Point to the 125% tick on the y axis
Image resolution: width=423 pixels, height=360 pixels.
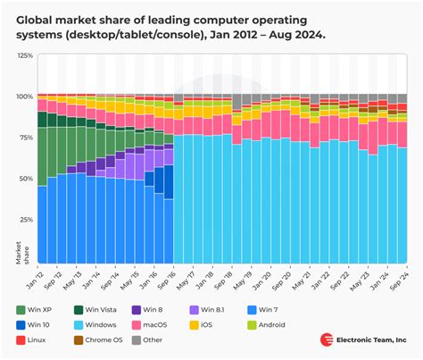pyautogui.click(x=24, y=55)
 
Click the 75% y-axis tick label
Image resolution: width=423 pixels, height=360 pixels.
pyautogui.click(x=26, y=138)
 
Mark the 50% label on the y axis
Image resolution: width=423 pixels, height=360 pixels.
pyautogui.click(x=26, y=179)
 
